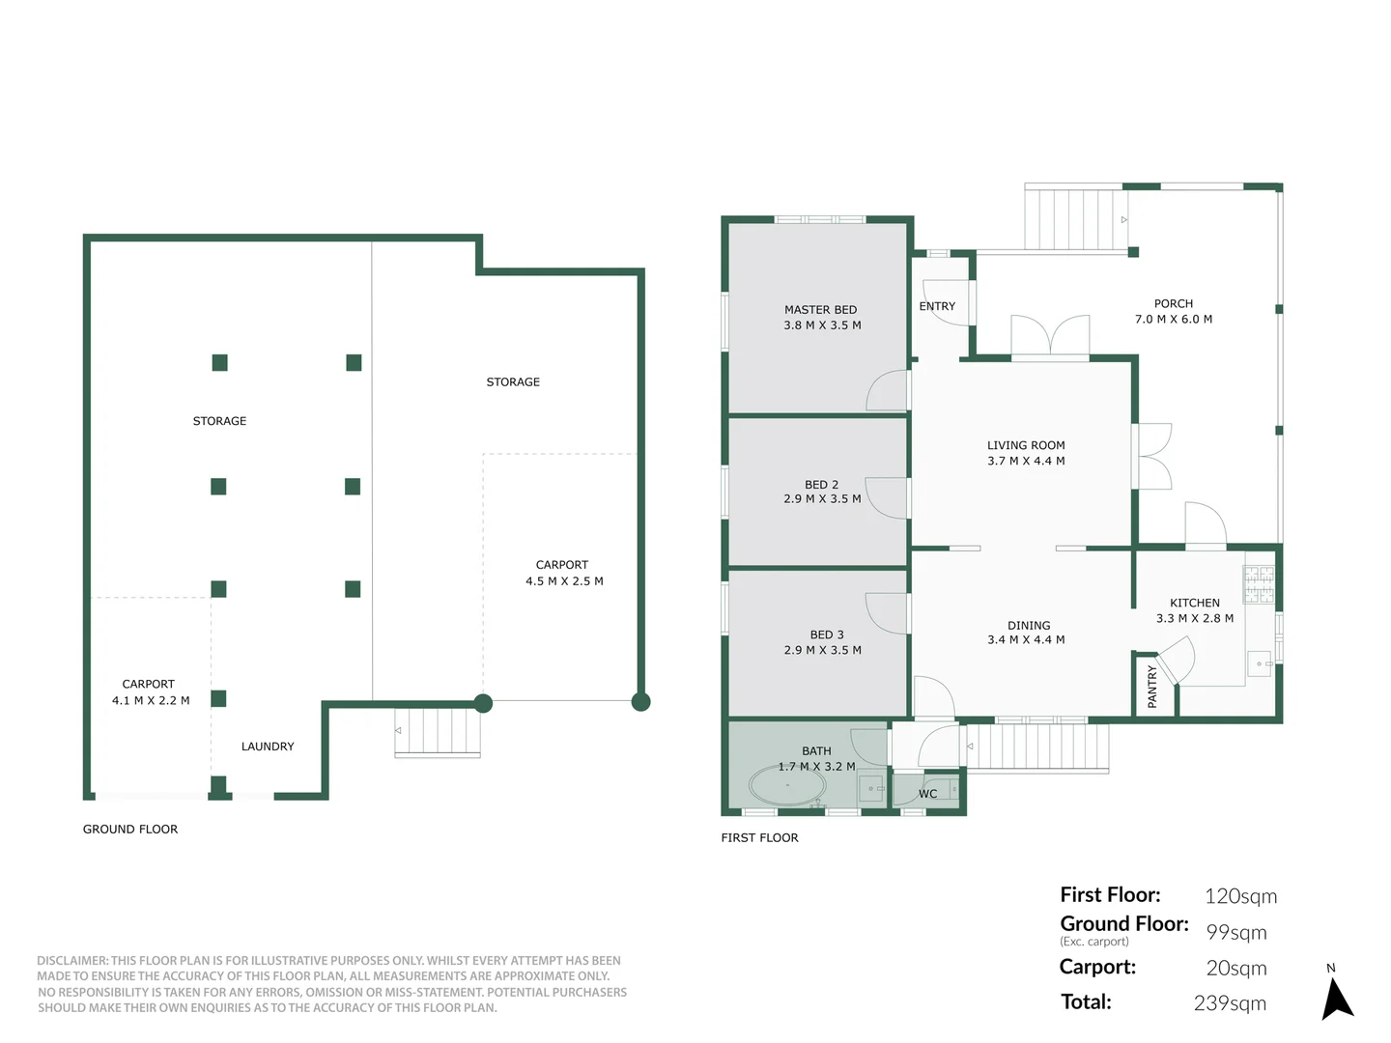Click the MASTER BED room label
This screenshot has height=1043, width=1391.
click(x=820, y=310)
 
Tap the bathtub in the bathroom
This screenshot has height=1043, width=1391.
click(x=787, y=785)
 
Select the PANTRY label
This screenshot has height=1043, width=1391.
click(x=1151, y=686)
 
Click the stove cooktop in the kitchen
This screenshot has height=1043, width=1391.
click(x=1259, y=584)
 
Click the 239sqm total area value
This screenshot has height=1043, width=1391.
click(x=1229, y=1003)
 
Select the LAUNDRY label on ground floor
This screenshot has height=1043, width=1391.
click(x=268, y=747)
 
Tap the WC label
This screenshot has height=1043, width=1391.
click(x=927, y=794)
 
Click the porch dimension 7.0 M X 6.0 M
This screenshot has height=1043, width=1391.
click(x=1173, y=320)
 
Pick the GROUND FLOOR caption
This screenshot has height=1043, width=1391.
click(x=130, y=830)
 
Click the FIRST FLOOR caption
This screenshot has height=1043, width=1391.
click(x=759, y=838)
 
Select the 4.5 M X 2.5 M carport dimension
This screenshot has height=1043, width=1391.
click(x=564, y=581)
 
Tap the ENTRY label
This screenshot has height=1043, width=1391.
click(x=937, y=306)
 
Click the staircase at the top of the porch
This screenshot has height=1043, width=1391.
click(x=1075, y=219)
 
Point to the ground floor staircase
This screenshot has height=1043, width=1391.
click(x=438, y=732)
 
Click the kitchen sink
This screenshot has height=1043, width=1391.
click(x=1260, y=663)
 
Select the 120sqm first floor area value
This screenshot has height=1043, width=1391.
click(x=1240, y=896)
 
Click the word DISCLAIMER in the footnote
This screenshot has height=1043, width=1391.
click(x=72, y=961)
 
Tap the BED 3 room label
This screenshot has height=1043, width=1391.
click(x=827, y=634)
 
